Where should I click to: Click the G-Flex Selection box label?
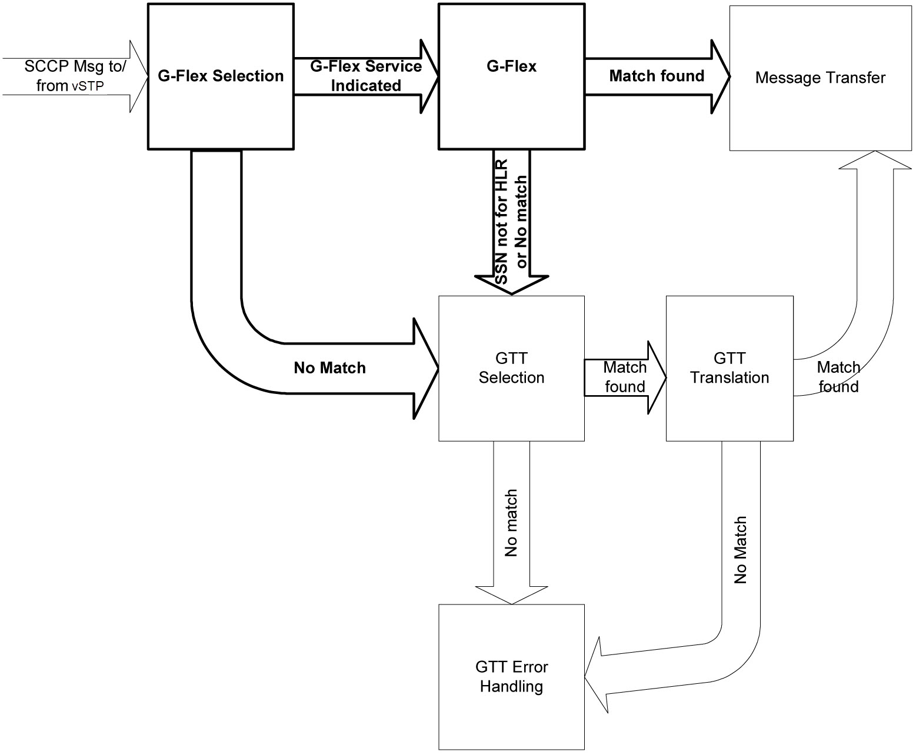coord(221,76)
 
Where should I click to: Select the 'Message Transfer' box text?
coord(820,78)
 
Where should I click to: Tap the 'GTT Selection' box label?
coord(511,368)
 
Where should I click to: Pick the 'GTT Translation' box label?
coord(730,368)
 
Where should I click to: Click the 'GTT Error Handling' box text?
coord(511,677)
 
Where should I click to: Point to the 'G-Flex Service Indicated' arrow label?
coord(366,76)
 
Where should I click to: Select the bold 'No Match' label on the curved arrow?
coord(329,368)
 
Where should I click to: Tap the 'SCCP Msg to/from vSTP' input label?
coord(75,76)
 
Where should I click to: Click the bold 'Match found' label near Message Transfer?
coord(657,76)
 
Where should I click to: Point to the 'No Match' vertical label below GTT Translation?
coord(740,550)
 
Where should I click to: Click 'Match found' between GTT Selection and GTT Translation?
coord(625,377)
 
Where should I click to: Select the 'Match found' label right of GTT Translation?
coord(838,377)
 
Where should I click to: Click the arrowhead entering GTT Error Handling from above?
coord(511,594)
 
